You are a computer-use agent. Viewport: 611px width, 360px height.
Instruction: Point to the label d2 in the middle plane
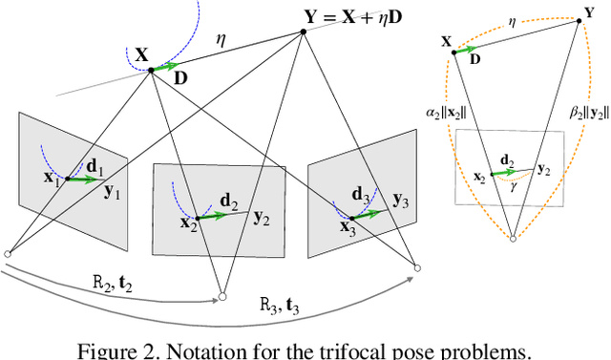pyautogui.click(x=230, y=200)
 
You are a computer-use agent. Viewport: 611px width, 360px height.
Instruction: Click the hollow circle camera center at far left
pyautogui.click(x=8, y=253)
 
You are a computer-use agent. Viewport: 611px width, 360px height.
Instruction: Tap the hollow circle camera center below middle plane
pyautogui.click(x=221, y=297)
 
